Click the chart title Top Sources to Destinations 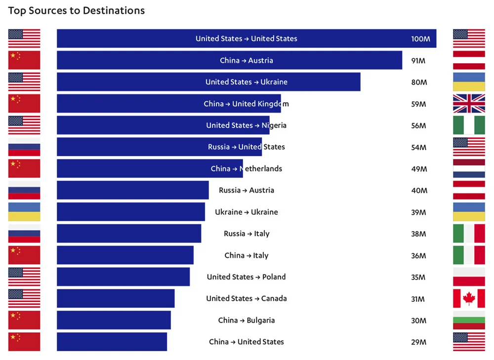(77, 10)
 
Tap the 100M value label (420, 39)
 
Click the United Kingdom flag (469, 104)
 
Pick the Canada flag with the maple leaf (469, 298)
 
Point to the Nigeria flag (469, 125)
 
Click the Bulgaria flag (469, 320)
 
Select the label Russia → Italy (247, 234)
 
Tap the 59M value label (418, 104)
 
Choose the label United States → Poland (246, 277)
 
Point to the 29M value (418, 342)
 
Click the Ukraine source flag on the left (24, 212)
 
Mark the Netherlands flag (469, 168)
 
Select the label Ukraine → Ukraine (247, 212)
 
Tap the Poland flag (469, 277)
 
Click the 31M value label (418, 299)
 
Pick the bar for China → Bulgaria (114, 320)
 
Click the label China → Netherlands (247, 169)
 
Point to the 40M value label (418, 191)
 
